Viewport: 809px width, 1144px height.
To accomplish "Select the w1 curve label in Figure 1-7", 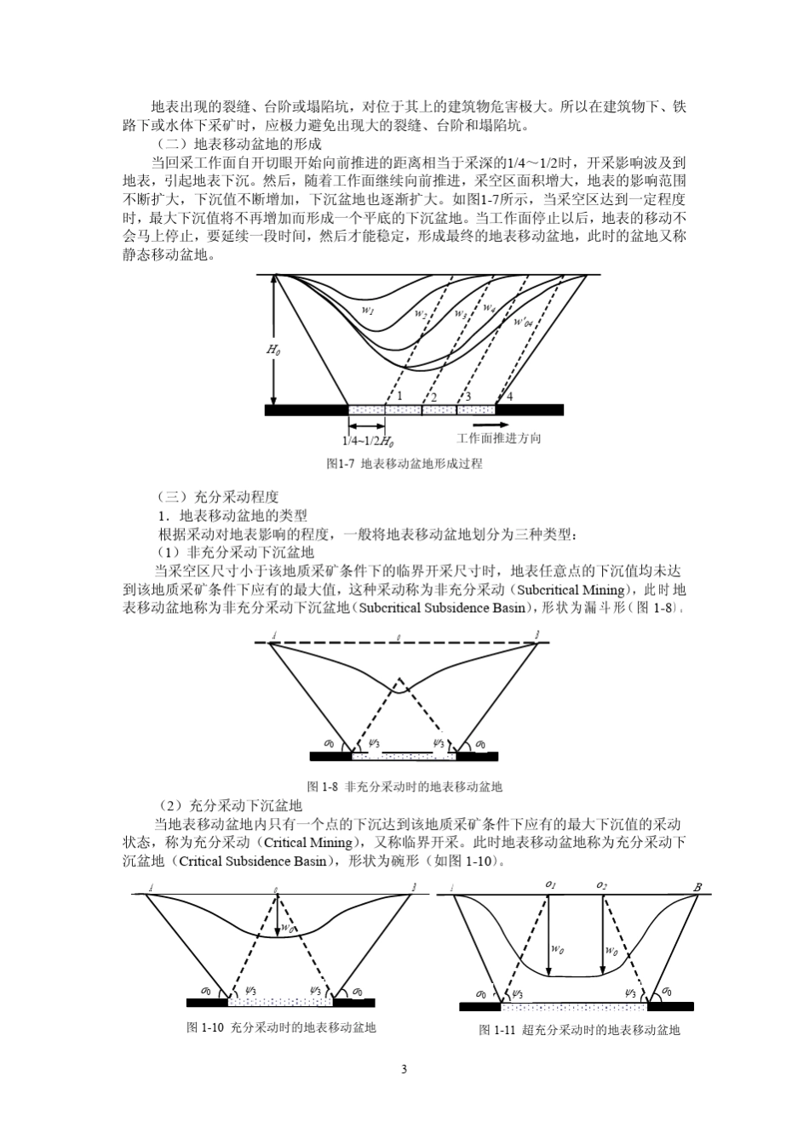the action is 368,311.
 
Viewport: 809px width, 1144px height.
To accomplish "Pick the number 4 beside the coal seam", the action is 510,396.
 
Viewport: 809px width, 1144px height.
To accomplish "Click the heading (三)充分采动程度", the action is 219,497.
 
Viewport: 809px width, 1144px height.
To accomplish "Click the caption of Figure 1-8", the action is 404,786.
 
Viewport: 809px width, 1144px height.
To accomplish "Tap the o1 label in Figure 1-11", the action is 551,885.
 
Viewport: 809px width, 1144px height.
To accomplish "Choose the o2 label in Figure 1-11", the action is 602,885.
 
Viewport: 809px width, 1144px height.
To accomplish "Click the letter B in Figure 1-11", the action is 697,887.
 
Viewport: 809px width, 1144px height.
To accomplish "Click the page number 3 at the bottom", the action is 404,1069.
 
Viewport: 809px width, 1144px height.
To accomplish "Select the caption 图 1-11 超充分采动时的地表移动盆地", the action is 580,1030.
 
